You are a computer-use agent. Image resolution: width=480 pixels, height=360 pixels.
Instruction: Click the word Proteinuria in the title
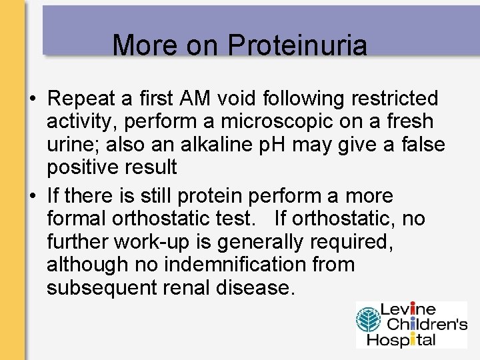pos(297,45)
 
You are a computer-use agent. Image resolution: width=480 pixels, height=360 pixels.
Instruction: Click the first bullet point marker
pos(32,99)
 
